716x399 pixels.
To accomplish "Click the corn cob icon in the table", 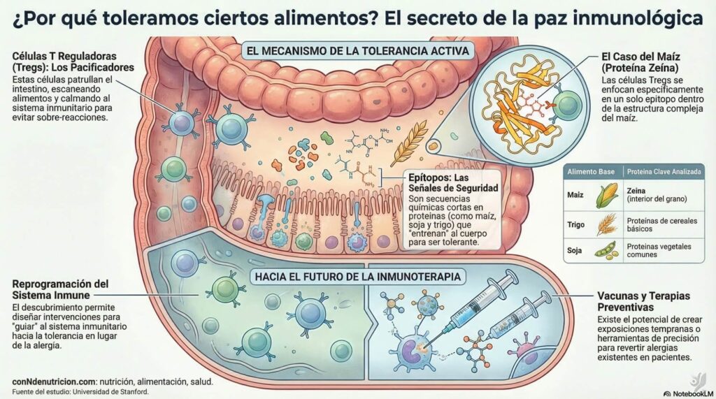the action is [608, 196].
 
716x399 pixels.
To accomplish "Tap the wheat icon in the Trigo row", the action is [607, 224].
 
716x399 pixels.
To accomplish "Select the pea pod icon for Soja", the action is [607, 251].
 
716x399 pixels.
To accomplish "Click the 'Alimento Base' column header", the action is [591, 172].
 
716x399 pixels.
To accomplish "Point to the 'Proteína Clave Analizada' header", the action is [664, 172].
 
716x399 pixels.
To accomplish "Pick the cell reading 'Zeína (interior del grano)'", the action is [657, 195].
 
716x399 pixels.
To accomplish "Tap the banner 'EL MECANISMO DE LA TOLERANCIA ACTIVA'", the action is [357, 51].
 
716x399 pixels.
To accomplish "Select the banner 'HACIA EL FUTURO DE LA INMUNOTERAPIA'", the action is [357, 277].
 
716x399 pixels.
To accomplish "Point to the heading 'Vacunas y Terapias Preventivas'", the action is [644, 301].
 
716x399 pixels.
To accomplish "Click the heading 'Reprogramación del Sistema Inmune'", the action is [60, 289].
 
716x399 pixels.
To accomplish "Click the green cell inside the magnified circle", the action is [566, 105].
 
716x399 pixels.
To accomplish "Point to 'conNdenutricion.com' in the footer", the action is [54, 382].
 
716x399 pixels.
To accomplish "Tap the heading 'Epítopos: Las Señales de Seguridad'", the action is [453, 182].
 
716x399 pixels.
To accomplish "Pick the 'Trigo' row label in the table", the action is [576, 224].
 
